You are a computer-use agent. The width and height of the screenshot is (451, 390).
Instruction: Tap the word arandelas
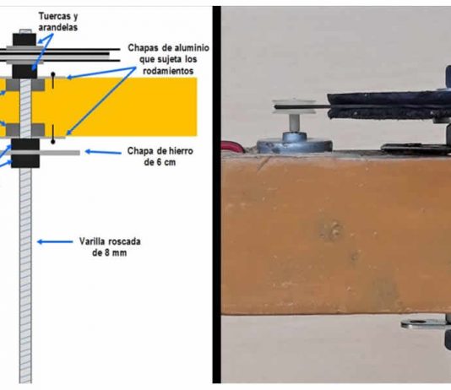[x=58, y=27]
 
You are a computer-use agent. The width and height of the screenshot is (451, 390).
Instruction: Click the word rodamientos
[x=168, y=71]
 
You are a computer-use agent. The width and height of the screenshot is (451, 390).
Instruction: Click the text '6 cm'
[x=165, y=162]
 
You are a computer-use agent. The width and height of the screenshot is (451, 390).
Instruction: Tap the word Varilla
[x=90, y=241]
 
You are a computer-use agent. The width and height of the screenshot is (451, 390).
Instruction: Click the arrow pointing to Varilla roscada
[x=55, y=241]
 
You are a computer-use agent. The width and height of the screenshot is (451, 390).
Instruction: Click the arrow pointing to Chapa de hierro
[x=103, y=152]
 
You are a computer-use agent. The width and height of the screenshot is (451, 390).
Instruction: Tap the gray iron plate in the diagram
[x=45, y=153]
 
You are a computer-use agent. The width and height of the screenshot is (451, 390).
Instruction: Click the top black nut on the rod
[x=24, y=40]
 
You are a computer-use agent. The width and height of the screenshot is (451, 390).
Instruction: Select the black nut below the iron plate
[x=25, y=161]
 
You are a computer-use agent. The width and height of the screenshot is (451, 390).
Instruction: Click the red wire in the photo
[x=233, y=146]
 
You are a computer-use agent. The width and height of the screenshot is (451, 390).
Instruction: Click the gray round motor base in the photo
[x=294, y=143]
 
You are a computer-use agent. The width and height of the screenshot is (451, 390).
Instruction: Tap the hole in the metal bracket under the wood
[x=415, y=322]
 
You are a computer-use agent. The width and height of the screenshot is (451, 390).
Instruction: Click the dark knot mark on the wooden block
[x=331, y=229]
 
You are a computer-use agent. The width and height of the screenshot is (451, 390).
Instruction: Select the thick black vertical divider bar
[x=216, y=194]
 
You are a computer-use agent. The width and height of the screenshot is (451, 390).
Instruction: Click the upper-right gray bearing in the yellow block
[x=38, y=84]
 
